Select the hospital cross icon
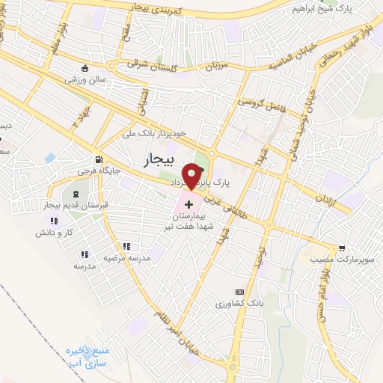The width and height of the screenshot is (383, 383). pyautogui.click(x=188, y=203)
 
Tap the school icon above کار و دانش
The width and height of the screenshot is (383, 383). pyautogui.click(x=52, y=221)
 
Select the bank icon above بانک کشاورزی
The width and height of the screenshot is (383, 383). pyautogui.click(x=239, y=291)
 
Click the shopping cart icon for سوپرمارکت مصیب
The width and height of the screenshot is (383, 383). pyautogui.click(x=342, y=248)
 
